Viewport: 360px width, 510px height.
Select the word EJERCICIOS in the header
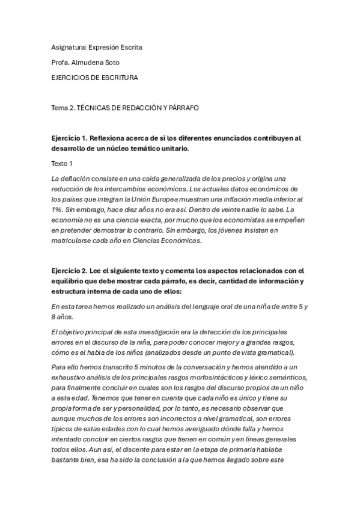[x=73, y=78]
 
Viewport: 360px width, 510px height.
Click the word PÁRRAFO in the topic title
[x=180, y=108]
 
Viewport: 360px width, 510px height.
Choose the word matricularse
[x=76, y=241]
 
